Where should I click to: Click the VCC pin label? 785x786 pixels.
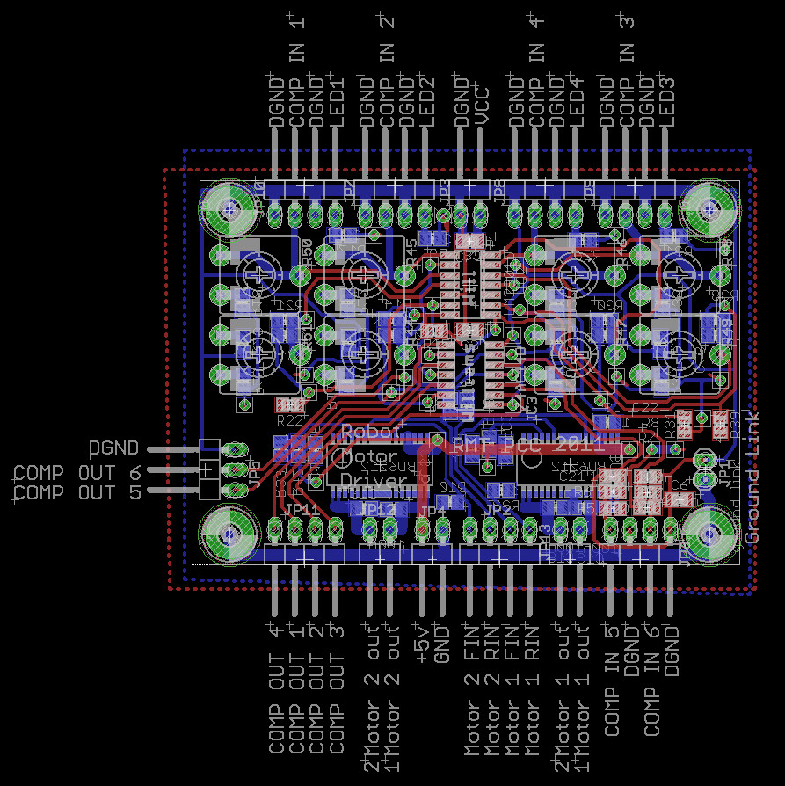[x=481, y=104]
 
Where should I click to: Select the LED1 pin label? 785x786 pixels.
[x=338, y=99]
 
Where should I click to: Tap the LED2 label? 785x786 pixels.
[x=429, y=99]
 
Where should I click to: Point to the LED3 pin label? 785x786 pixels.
[x=668, y=99]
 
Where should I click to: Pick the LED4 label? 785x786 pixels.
[x=577, y=99]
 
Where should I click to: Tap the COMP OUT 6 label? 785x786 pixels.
[x=77, y=472]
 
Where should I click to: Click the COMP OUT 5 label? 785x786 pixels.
[x=77, y=492]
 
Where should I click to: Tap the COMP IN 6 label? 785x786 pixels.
[x=652, y=681]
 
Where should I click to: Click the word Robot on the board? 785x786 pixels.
[x=370, y=433]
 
